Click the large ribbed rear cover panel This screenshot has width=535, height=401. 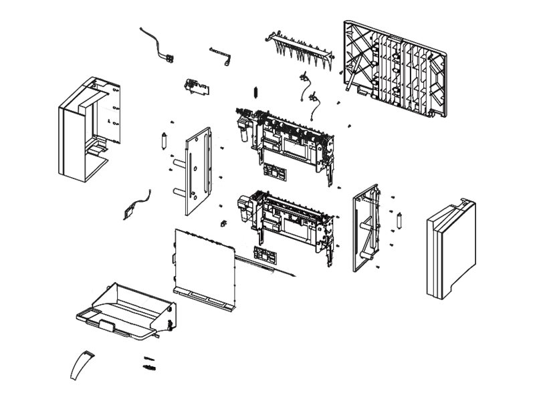coord(395,67)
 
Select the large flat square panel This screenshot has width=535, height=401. coord(204,264)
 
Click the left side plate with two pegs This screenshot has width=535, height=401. coord(195,170)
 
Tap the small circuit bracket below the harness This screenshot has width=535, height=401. coord(194,86)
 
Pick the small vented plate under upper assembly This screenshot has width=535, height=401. coord(275,170)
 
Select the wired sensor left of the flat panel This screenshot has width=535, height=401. coord(134,206)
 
